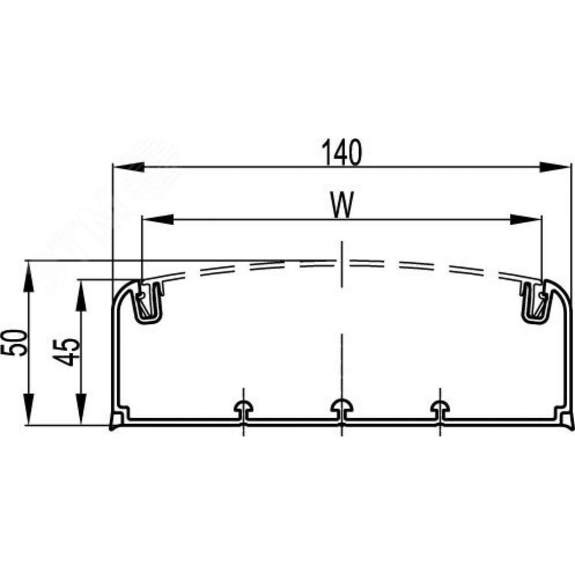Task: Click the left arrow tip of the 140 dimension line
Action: (113, 167)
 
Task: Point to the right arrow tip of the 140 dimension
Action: (571, 167)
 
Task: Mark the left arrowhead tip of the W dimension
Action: (142, 219)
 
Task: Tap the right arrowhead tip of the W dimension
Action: (542, 219)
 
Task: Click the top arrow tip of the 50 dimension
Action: (29, 261)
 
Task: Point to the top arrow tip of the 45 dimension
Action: (81, 281)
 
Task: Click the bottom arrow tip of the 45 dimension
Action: (81, 425)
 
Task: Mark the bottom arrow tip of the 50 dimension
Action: (29, 425)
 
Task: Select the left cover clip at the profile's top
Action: (148, 302)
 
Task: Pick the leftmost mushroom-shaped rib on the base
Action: (244, 409)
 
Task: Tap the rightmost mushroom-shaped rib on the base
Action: (440, 409)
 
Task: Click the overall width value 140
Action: (342, 152)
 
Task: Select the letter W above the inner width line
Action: (342, 205)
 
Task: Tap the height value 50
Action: (15, 343)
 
